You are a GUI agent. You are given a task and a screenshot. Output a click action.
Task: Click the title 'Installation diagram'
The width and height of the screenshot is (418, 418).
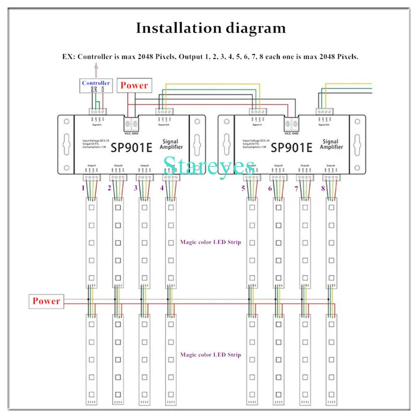(211, 28)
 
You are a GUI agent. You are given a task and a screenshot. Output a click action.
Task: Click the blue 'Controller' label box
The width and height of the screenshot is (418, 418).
(96, 83)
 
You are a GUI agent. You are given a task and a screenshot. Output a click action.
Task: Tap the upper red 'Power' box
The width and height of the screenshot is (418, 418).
(134, 85)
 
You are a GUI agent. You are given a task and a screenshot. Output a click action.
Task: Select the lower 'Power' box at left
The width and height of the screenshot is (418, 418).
(47, 301)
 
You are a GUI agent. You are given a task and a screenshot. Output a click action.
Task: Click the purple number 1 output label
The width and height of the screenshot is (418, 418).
(83, 188)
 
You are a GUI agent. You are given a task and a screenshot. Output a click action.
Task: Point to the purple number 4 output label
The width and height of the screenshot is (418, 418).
(161, 188)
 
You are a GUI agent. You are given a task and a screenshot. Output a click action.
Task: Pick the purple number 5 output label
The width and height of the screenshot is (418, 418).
(244, 188)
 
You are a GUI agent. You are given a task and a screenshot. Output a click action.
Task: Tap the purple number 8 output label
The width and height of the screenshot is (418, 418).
(323, 188)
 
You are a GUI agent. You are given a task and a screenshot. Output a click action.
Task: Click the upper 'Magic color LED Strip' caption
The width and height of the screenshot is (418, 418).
(211, 242)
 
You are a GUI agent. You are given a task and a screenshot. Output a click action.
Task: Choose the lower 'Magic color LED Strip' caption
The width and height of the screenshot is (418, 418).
(211, 355)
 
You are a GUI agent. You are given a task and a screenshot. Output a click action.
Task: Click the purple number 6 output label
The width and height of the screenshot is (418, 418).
(270, 188)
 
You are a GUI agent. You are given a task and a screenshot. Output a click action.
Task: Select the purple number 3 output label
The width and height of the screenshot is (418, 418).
(135, 188)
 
